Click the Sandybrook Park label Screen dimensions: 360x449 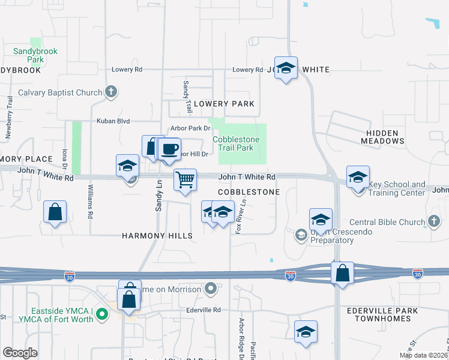36,55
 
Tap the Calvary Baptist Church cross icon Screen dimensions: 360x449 110,92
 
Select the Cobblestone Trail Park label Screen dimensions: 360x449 237,143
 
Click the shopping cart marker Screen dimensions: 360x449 185,179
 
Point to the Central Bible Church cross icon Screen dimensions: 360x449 434,222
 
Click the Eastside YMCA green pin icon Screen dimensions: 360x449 102,313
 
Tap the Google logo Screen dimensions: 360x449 20,353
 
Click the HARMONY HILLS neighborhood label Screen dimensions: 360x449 157,236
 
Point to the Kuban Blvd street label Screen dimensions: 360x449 113,121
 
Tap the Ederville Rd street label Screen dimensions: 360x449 203,310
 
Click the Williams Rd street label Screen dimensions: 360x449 90,201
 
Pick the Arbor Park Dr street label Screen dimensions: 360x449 190,128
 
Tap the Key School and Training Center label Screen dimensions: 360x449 397,189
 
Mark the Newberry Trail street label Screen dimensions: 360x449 9,118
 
